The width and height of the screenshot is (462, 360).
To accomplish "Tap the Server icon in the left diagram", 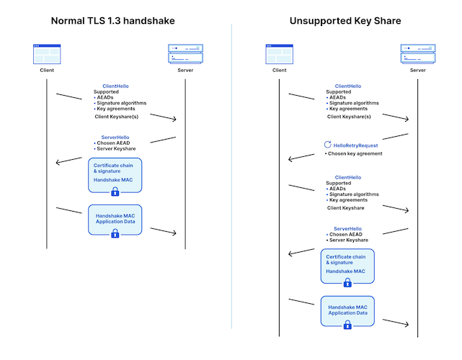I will coord(185,54).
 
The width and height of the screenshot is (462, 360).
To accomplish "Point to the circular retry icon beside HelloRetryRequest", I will coord(328,145).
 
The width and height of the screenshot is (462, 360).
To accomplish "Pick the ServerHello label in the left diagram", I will coord(116,137).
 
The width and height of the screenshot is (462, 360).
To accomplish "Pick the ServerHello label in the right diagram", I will coord(351,228).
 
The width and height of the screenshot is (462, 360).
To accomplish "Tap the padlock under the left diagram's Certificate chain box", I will coord(115,192).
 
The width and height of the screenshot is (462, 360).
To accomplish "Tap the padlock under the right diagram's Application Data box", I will coord(347,325).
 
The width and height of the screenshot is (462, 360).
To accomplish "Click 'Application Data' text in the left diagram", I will coord(115,222).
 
